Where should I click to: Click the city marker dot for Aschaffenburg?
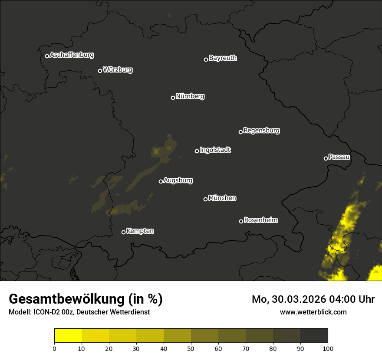click(47, 56)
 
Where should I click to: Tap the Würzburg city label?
click(118, 69)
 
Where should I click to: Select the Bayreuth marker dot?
click(206, 59)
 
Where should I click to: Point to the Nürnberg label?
click(190, 96)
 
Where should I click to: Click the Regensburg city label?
click(261, 130)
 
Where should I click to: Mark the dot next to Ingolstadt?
click(197, 151)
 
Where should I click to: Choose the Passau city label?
click(339, 157)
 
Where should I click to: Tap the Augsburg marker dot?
click(161, 181)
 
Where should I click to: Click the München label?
click(222, 198)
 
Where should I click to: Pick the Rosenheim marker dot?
click(241, 222)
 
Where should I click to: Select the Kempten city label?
click(140, 231)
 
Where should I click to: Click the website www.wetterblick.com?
click(313, 312)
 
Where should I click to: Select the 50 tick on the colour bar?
click(191, 348)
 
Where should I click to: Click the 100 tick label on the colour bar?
click(328, 348)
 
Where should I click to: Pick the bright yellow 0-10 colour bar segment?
click(68, 336)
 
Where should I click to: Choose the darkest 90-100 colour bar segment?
click(314, 336)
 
